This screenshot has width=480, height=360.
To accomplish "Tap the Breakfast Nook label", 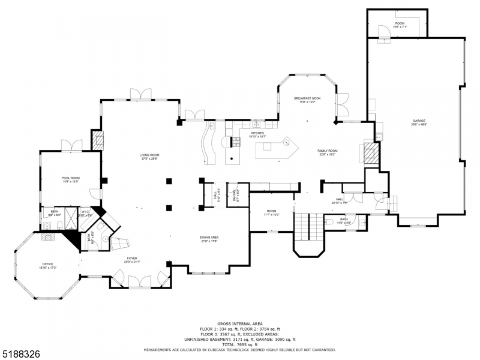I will [307, 100].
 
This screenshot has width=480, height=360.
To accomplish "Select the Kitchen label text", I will [257, 134].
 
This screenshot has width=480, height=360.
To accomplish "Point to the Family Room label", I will [328, 152].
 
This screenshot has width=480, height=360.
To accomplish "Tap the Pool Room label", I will [70, 179].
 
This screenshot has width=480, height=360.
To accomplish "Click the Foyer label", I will [132, 261].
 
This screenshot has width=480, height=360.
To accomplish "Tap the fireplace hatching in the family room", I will [370, 152].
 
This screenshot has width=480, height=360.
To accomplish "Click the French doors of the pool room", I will [71, 145].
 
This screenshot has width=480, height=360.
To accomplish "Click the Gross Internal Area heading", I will [239, 324].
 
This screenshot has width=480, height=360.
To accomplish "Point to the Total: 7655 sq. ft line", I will [239, 345].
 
